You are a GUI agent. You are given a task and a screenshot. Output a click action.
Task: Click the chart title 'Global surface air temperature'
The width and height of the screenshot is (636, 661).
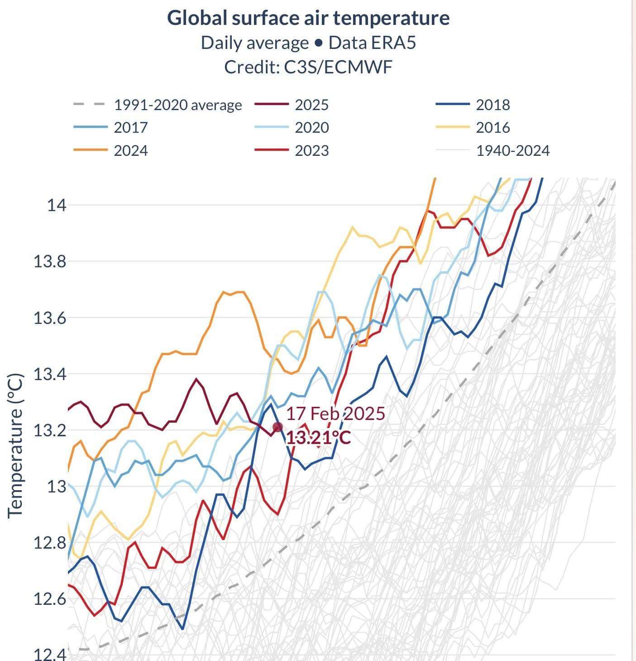click(x=308, y=18)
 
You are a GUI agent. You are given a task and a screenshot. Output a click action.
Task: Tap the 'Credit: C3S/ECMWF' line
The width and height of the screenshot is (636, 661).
click(x=308, y=67)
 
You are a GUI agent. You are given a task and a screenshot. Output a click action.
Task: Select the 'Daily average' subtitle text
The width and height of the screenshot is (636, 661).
click(x=254, y=43)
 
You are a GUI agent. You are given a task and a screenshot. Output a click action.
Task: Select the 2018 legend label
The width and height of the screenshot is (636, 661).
click(x=493, y=105)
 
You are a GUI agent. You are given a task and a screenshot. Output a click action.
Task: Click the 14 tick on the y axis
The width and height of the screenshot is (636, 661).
click(x=57, y=205)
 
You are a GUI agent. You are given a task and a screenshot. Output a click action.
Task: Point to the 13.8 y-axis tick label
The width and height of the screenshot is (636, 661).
click(x=50, y=261)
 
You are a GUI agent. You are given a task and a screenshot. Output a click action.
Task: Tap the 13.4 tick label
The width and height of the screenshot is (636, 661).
click(x=50, y=374)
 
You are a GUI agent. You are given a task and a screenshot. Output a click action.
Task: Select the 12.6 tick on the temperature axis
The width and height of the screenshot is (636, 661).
click(x=50, y=599)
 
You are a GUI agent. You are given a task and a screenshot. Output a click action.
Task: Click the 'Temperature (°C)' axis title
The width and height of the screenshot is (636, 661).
click(x=15, y=445)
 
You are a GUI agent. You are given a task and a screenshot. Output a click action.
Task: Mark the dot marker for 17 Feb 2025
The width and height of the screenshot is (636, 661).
click(x=278, y=427)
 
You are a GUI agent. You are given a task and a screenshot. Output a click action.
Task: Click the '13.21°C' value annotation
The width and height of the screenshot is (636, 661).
click(x=318, y=438)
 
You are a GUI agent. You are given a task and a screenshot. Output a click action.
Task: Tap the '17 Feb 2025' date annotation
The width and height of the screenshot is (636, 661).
click(x=335, y=414)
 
